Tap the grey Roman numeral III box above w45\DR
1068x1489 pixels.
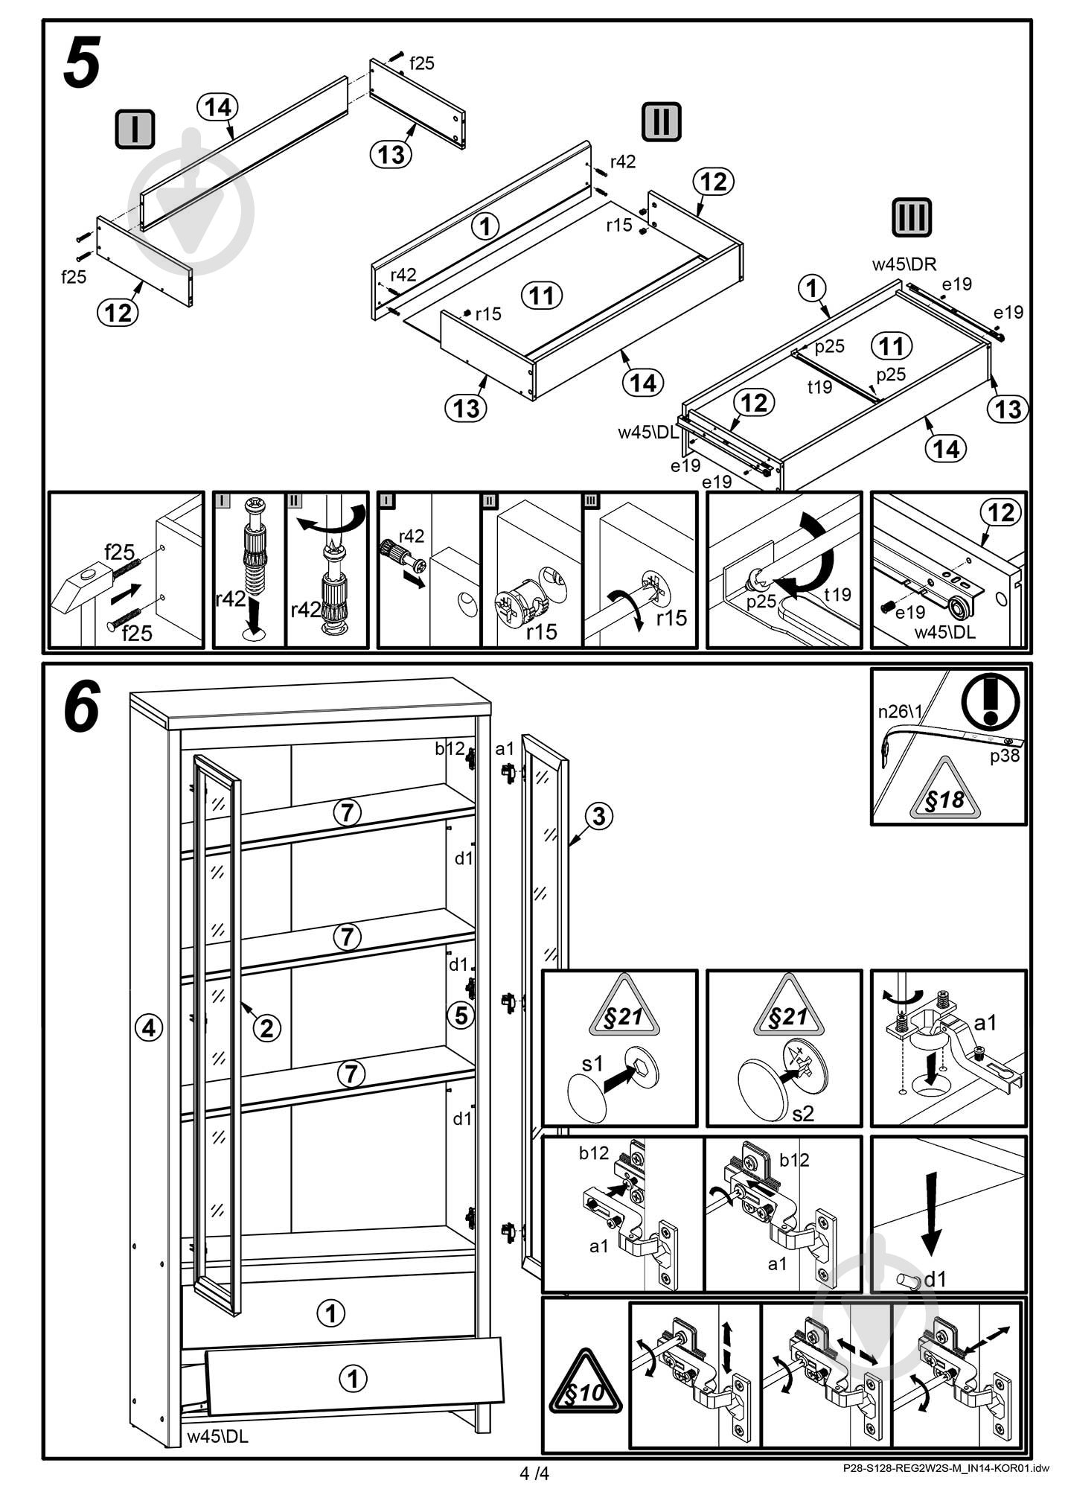911,218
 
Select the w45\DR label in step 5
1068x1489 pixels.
904,264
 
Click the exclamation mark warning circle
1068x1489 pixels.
990,700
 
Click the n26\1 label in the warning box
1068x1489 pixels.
899,711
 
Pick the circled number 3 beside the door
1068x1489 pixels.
598,816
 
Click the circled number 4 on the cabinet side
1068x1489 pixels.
149,1028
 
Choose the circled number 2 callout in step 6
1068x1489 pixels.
266,1028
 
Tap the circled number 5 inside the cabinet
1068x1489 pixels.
461,1014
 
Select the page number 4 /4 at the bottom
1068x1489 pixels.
534,1473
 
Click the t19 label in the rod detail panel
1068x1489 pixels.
837,594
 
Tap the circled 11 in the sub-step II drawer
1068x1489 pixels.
542,296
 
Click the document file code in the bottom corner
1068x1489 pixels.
945,1469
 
